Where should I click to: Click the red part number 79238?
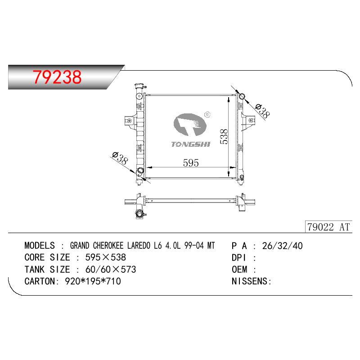(x=57, y=77)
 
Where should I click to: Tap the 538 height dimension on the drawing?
(x=224, y=137)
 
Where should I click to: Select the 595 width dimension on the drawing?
(x=191, y=163)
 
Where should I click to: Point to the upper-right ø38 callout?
(x=262, y=112)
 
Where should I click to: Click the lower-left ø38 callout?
(x=120, y=158)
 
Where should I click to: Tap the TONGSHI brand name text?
(x=190, y=144)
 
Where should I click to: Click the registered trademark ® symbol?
(x=207, y=114)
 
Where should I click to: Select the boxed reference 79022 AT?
(x=328, y=227)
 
